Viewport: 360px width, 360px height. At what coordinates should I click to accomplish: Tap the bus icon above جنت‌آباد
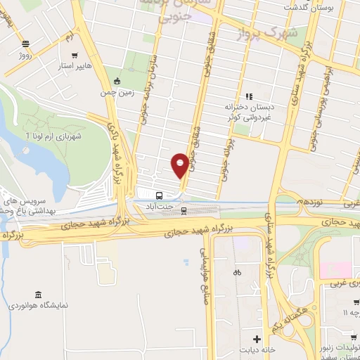coord(160,196)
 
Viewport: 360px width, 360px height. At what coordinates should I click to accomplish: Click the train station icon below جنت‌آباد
coord(184,210)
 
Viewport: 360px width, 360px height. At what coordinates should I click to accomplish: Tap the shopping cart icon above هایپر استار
coord(74,54)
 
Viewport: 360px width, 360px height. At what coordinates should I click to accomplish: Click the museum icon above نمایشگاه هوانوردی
coord(37,293)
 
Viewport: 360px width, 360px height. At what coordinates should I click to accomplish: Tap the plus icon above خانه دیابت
coord(257,338)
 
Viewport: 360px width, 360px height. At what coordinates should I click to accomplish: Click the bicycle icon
coord(237,272)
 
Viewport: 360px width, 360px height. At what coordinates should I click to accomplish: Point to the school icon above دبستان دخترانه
coord(248,96)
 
